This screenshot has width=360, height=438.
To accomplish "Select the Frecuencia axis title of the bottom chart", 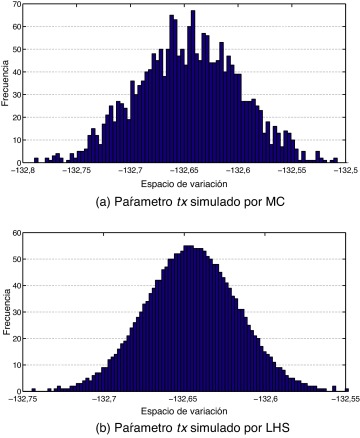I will click(x=8, y=311).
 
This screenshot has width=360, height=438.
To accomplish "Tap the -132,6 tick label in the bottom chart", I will click(x=265, y=399).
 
